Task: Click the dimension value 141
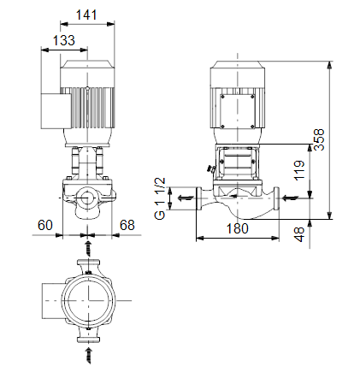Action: (x=86, y=15)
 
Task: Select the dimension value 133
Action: (x=64, y=40)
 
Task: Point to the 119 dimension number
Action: (x=299, y=170)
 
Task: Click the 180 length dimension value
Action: (x=238, y=228)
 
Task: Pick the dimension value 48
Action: (x=299, y=234)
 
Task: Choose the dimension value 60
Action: (x=45, y=225)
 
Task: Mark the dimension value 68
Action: (x=127, y=225)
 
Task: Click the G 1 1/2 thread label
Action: (x=160, y=198)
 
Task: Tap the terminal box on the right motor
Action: (x=238, y=111)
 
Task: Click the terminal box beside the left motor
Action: (x=56, y=111)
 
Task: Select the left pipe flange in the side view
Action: (x=199, y=198)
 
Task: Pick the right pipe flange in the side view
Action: (x=276, y=198)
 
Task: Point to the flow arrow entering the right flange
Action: (x=290, y=198)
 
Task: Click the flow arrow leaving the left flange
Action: (x=186, y=198)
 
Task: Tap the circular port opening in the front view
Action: (x=87, y=198)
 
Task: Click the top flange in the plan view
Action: (x=89, y=262)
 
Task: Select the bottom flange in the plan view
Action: (x=89, y=340)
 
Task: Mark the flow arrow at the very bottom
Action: (x=89, y=355)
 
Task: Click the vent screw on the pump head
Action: (x=211, y=168)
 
